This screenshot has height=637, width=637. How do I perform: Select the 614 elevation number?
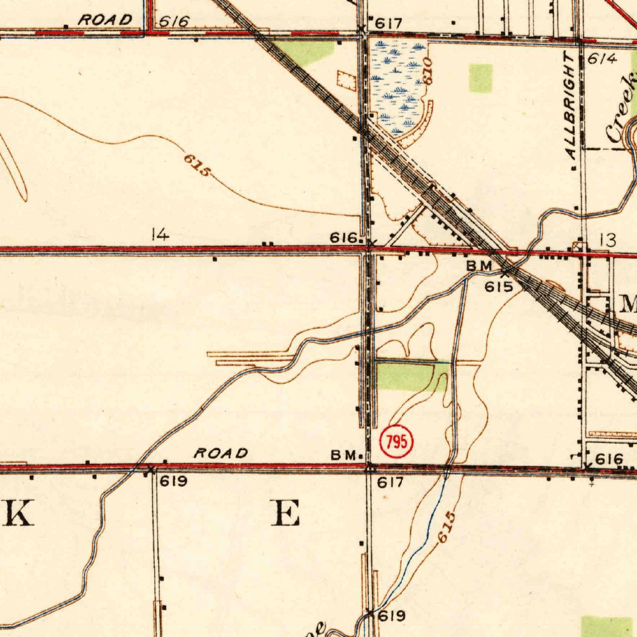[602, 59]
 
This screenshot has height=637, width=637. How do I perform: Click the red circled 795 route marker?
[396, 442]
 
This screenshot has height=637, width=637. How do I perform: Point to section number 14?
[160, 235]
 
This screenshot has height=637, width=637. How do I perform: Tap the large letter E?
[286, 514]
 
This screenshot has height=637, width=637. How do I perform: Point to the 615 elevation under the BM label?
[499, 286]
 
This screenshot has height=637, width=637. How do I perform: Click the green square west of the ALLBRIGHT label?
[480, 78]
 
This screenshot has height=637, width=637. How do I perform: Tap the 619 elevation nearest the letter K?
[173, 481]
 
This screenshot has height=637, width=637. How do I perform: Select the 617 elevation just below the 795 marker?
[391, 482]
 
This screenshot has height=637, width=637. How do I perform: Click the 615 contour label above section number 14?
[197, 164]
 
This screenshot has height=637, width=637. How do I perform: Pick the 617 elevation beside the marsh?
[389, 23]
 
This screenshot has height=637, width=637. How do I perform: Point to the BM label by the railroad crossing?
[480, 266]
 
